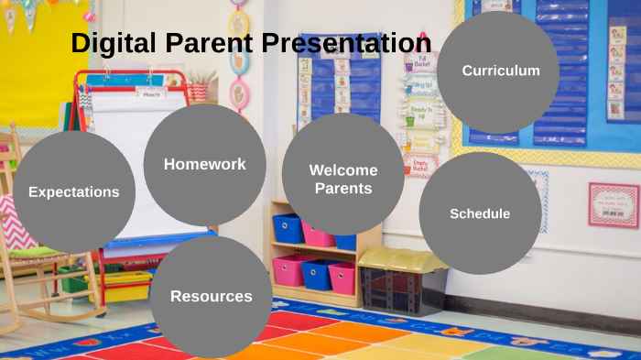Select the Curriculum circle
(x=500, y=71)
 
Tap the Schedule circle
(x=480, y=213)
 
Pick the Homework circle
(x=204, y=164)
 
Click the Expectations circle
(x=73, y=192)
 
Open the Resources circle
(x=211, y=296)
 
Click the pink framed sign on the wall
(x=613, y=204)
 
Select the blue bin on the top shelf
(x=288, y=228)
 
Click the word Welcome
(x=342, y=169)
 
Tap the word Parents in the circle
(x=342, y=189)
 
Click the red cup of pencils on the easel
(x=198, y=91)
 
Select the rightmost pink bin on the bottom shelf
(x=342, y=278)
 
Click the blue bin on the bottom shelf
(x=317, y=273)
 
